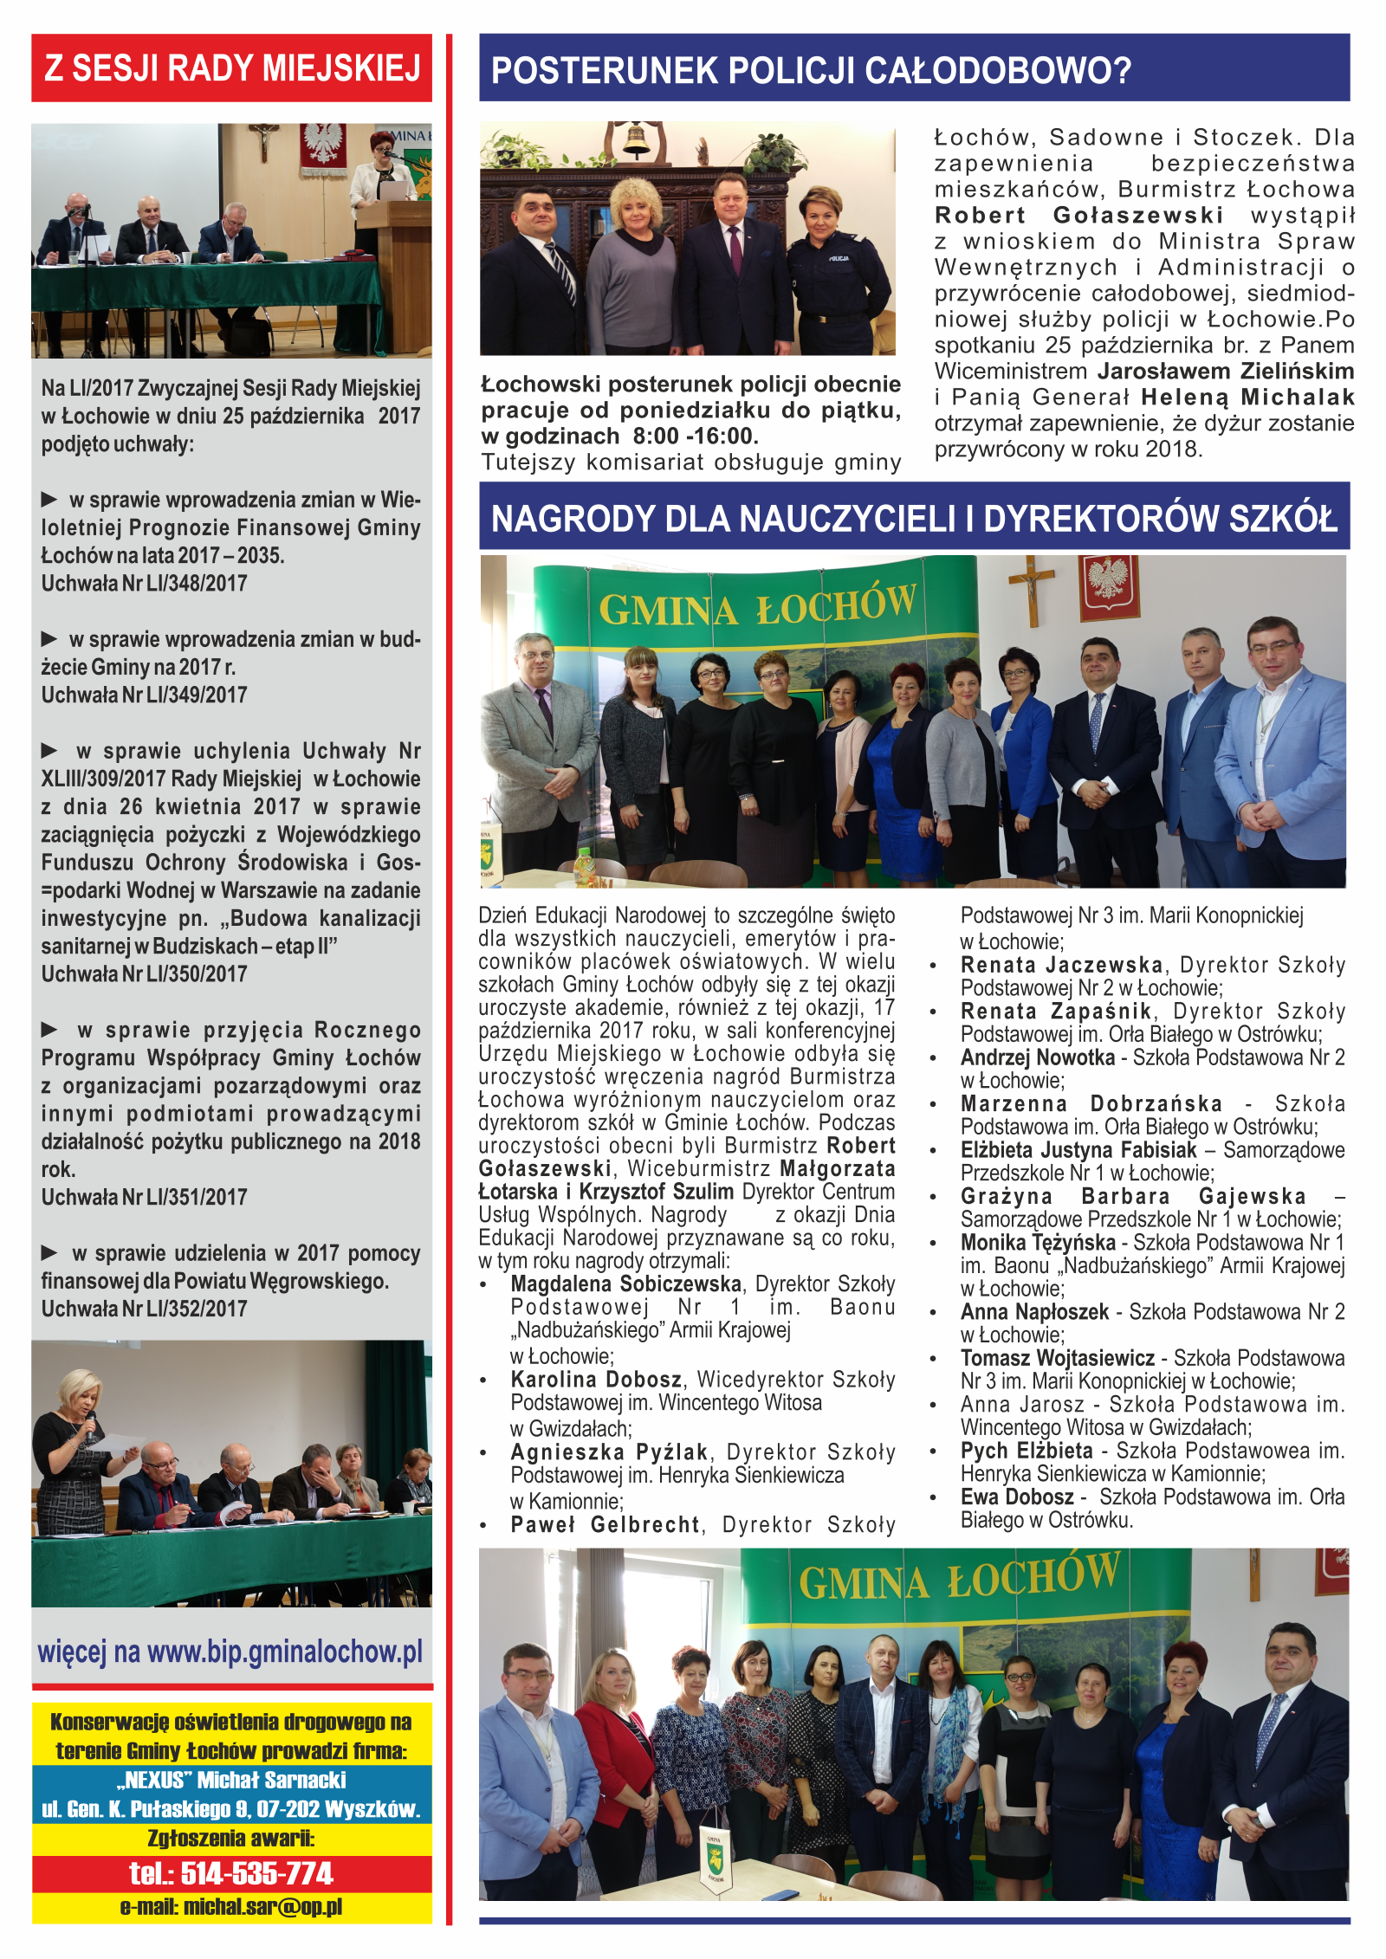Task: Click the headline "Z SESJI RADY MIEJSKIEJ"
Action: click(231, 68)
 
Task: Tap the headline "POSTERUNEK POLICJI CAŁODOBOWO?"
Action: click(811, 70)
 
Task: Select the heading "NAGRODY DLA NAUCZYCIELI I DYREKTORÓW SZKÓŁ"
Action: click(914, 518)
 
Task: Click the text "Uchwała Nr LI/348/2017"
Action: click(144, 584)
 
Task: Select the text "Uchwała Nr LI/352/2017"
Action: click(144, 1309)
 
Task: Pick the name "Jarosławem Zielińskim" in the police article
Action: click(1226, 372)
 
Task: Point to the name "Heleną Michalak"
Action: click(1247, 398)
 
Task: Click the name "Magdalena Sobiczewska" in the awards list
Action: click(625, 1283)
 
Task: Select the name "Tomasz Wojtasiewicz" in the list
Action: click(1057, 1358)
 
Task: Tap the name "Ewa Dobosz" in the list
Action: click(1017, 1497)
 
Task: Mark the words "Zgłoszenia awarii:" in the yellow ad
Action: click(231, 1838)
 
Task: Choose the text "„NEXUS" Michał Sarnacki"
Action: click(231, 1780)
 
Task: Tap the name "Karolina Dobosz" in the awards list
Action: click(596, 1379)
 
